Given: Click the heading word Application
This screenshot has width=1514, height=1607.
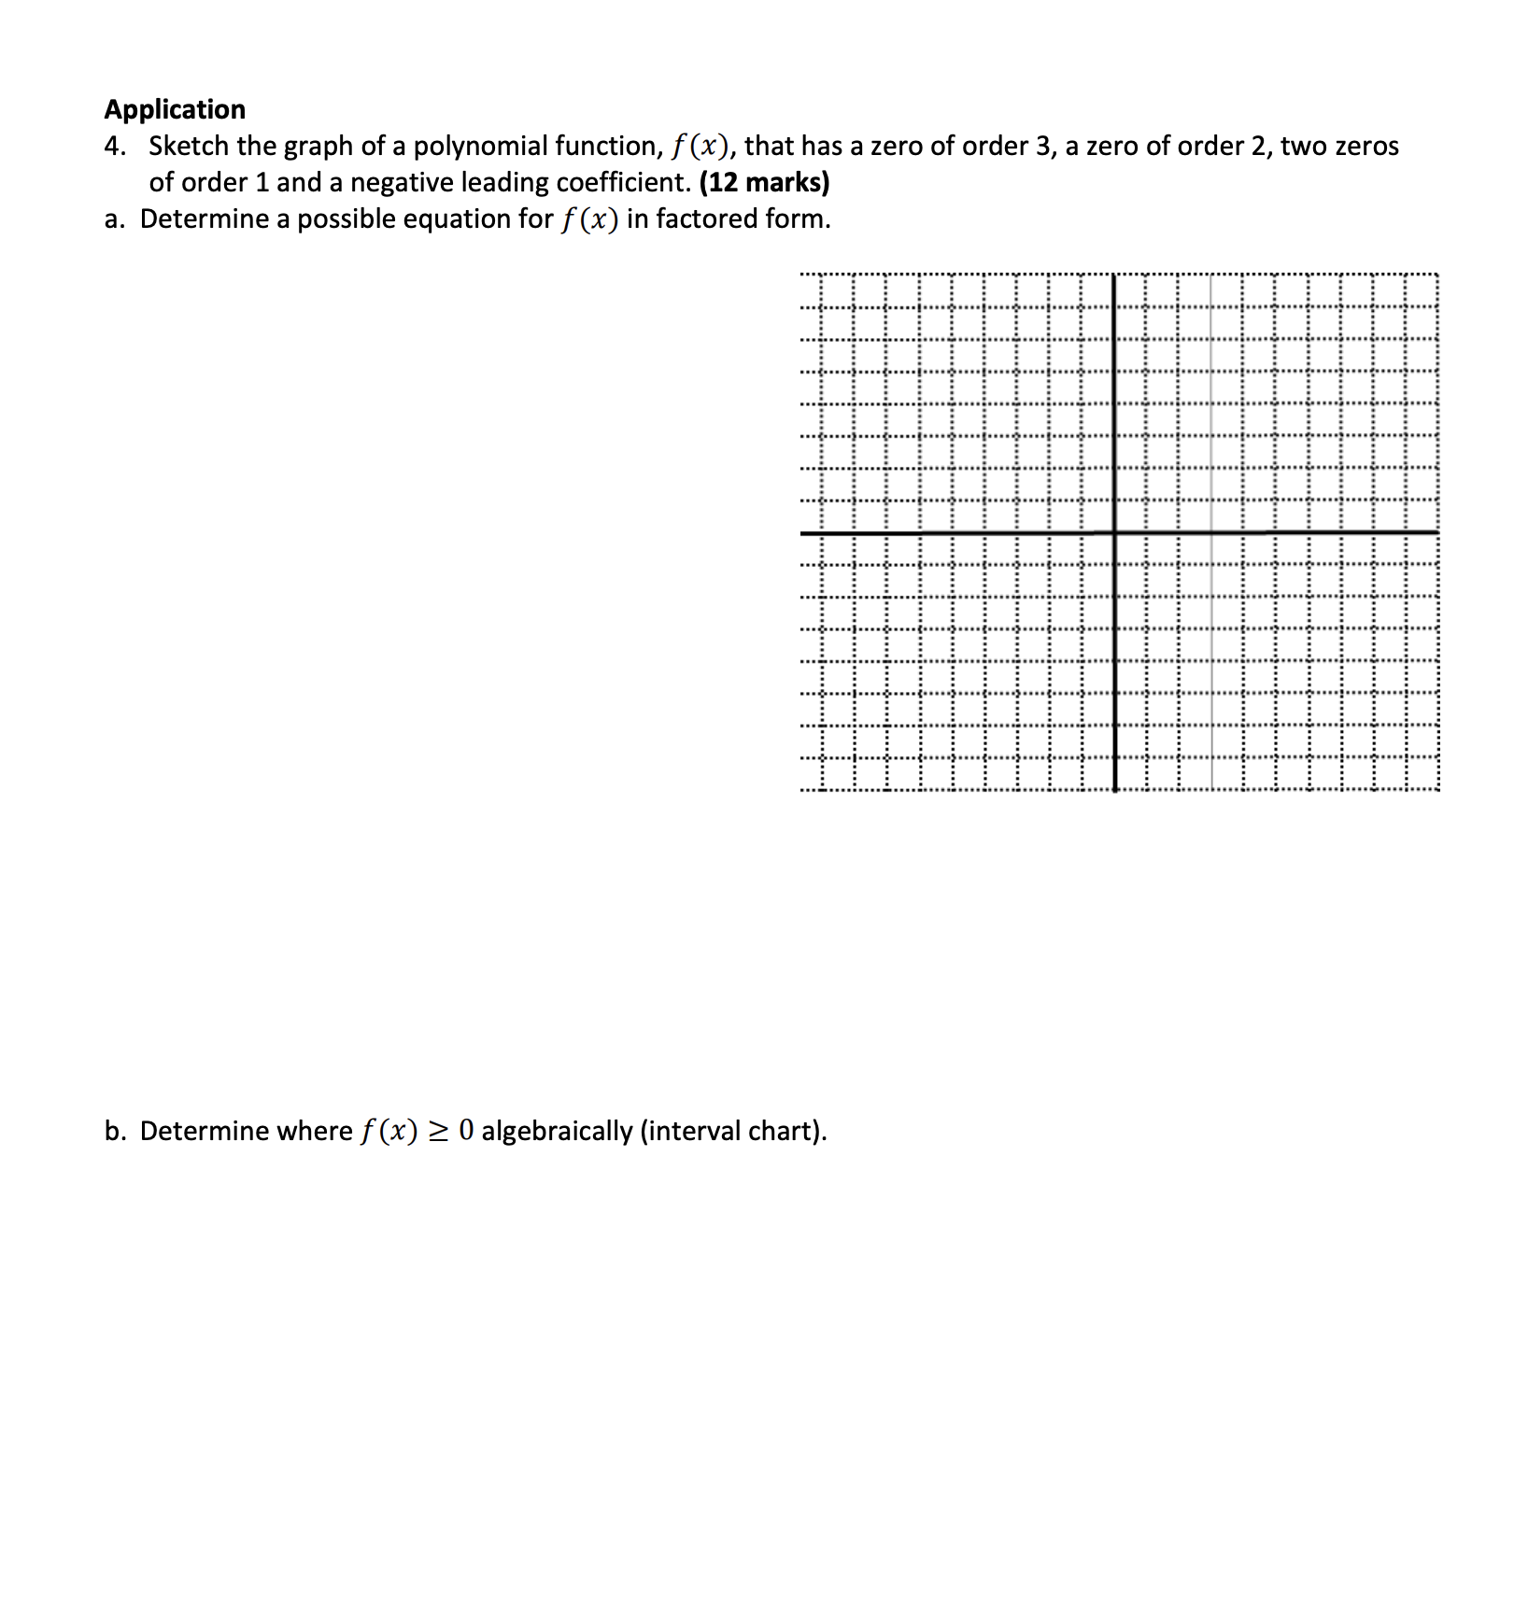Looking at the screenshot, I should coord(175,109).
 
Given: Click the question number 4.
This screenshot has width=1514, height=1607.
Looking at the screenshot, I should coord(114,147).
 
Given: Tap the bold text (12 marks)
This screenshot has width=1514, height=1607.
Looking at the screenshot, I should coord(764,182).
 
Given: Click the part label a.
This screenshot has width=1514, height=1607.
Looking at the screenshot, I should coord(113,219).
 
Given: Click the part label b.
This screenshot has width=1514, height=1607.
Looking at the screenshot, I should coord(114,1132).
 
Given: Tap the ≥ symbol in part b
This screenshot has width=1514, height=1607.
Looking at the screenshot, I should coord(437,1132).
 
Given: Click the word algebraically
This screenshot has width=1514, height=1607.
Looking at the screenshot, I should coord(557,1132).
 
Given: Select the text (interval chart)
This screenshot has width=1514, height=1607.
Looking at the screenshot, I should coord(732,1132).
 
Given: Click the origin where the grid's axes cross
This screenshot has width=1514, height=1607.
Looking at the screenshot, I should coord(1114,533).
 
